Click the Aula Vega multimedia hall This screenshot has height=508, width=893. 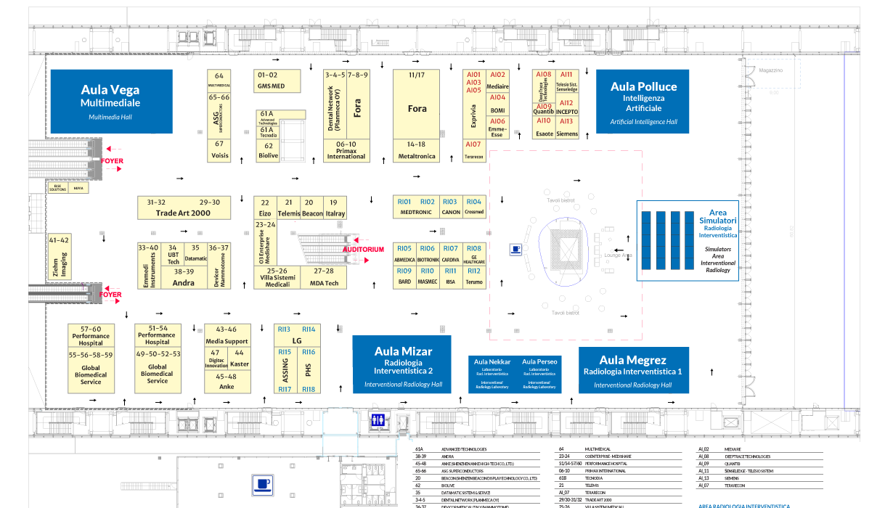pos(110,101)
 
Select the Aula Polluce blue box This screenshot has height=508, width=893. pos(643,101)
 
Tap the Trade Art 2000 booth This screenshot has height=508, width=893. pos(184,208)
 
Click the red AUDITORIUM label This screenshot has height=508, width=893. pos(363,250)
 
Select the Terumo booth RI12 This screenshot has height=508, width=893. pos(473,276)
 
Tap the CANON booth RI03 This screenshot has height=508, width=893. pos(450,207)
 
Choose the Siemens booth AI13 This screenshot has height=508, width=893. pos(567,127)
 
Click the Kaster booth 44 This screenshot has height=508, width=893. pos(240,359)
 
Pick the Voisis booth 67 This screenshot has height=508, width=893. pos(219,149)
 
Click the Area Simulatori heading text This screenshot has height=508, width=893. pos(717,217)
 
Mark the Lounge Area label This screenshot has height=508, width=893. pos(618,255)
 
